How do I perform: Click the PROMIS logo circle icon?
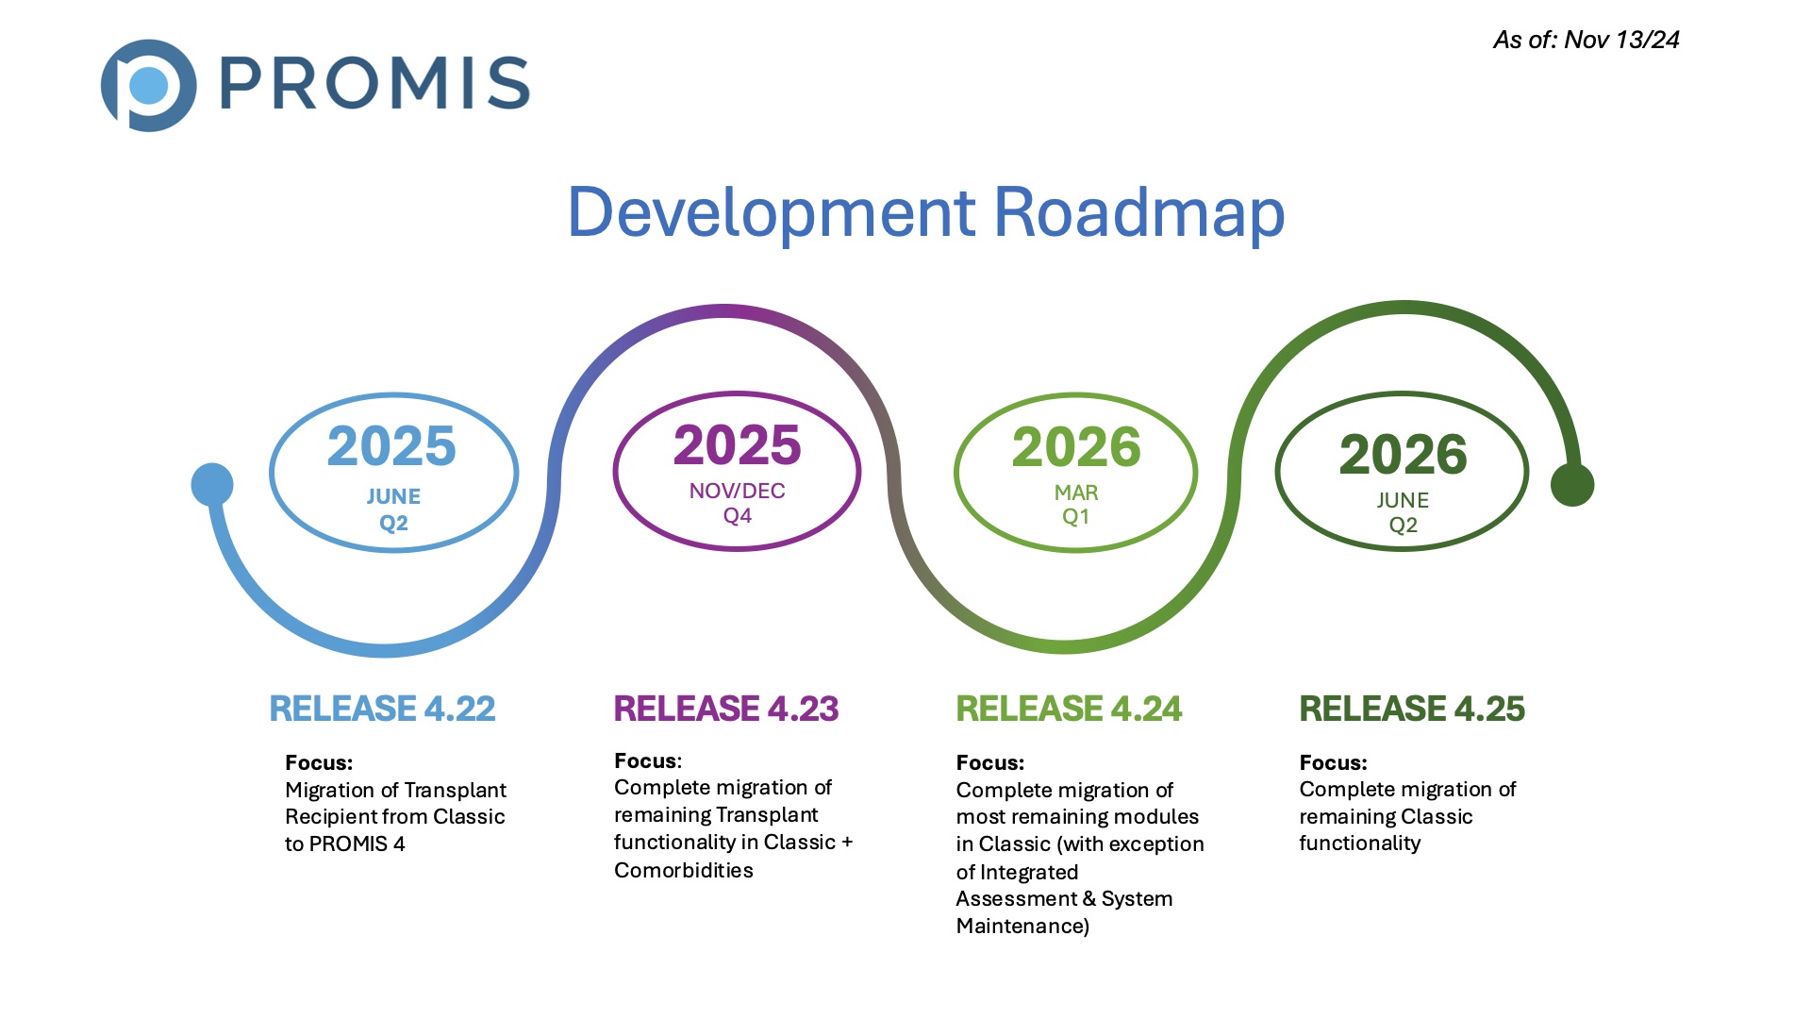[148, 85]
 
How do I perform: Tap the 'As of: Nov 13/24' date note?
[1586, 40]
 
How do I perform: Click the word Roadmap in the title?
[1138, 212]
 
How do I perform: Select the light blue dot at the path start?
[212, 484]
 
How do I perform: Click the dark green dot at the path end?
[1571, 484]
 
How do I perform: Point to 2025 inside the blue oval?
[391, 446]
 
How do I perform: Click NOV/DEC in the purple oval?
[737, 491]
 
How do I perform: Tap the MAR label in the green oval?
[1076, 493]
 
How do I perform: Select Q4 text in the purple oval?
[737, 516]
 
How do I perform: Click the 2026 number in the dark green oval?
[1403, 455]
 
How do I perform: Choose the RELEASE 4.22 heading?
[382, 709]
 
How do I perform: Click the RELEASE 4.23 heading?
[725, 709]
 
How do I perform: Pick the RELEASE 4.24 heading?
[1068, 709]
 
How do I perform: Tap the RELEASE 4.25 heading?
[1411, 709]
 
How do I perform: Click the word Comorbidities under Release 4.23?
[683, 870]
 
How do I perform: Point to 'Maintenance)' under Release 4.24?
[1022, 926]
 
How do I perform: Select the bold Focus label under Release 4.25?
[1332, 762]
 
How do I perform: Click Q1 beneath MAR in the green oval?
[1075, 517]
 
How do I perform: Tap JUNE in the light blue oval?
[393, 496]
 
